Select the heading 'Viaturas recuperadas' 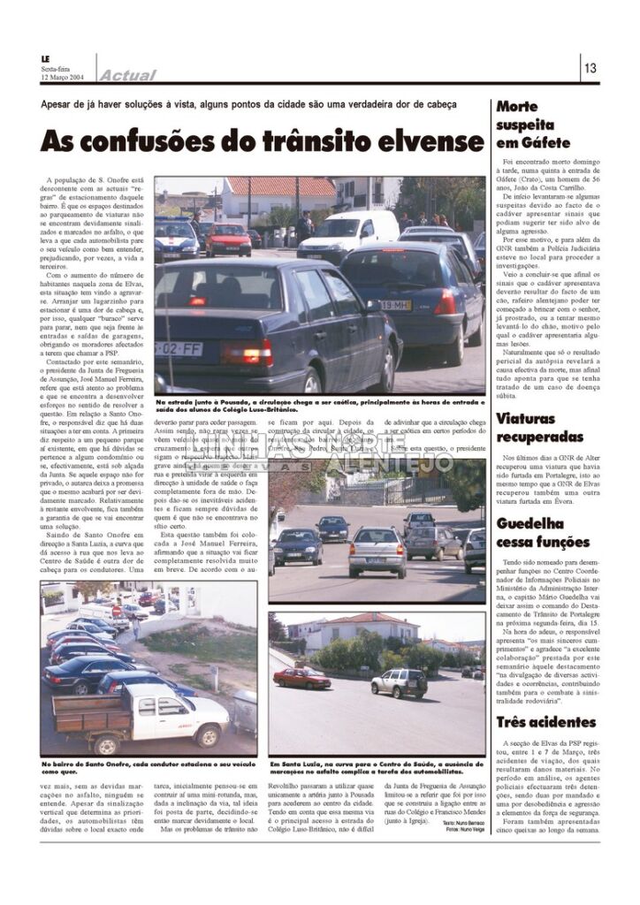pos(540,428)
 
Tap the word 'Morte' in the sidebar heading pos(518,107)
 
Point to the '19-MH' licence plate pos(395,305)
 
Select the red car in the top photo pos(228,239)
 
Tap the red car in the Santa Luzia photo pos(301,677)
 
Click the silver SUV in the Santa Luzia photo pos(399,681)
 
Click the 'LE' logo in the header pos(47,60)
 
